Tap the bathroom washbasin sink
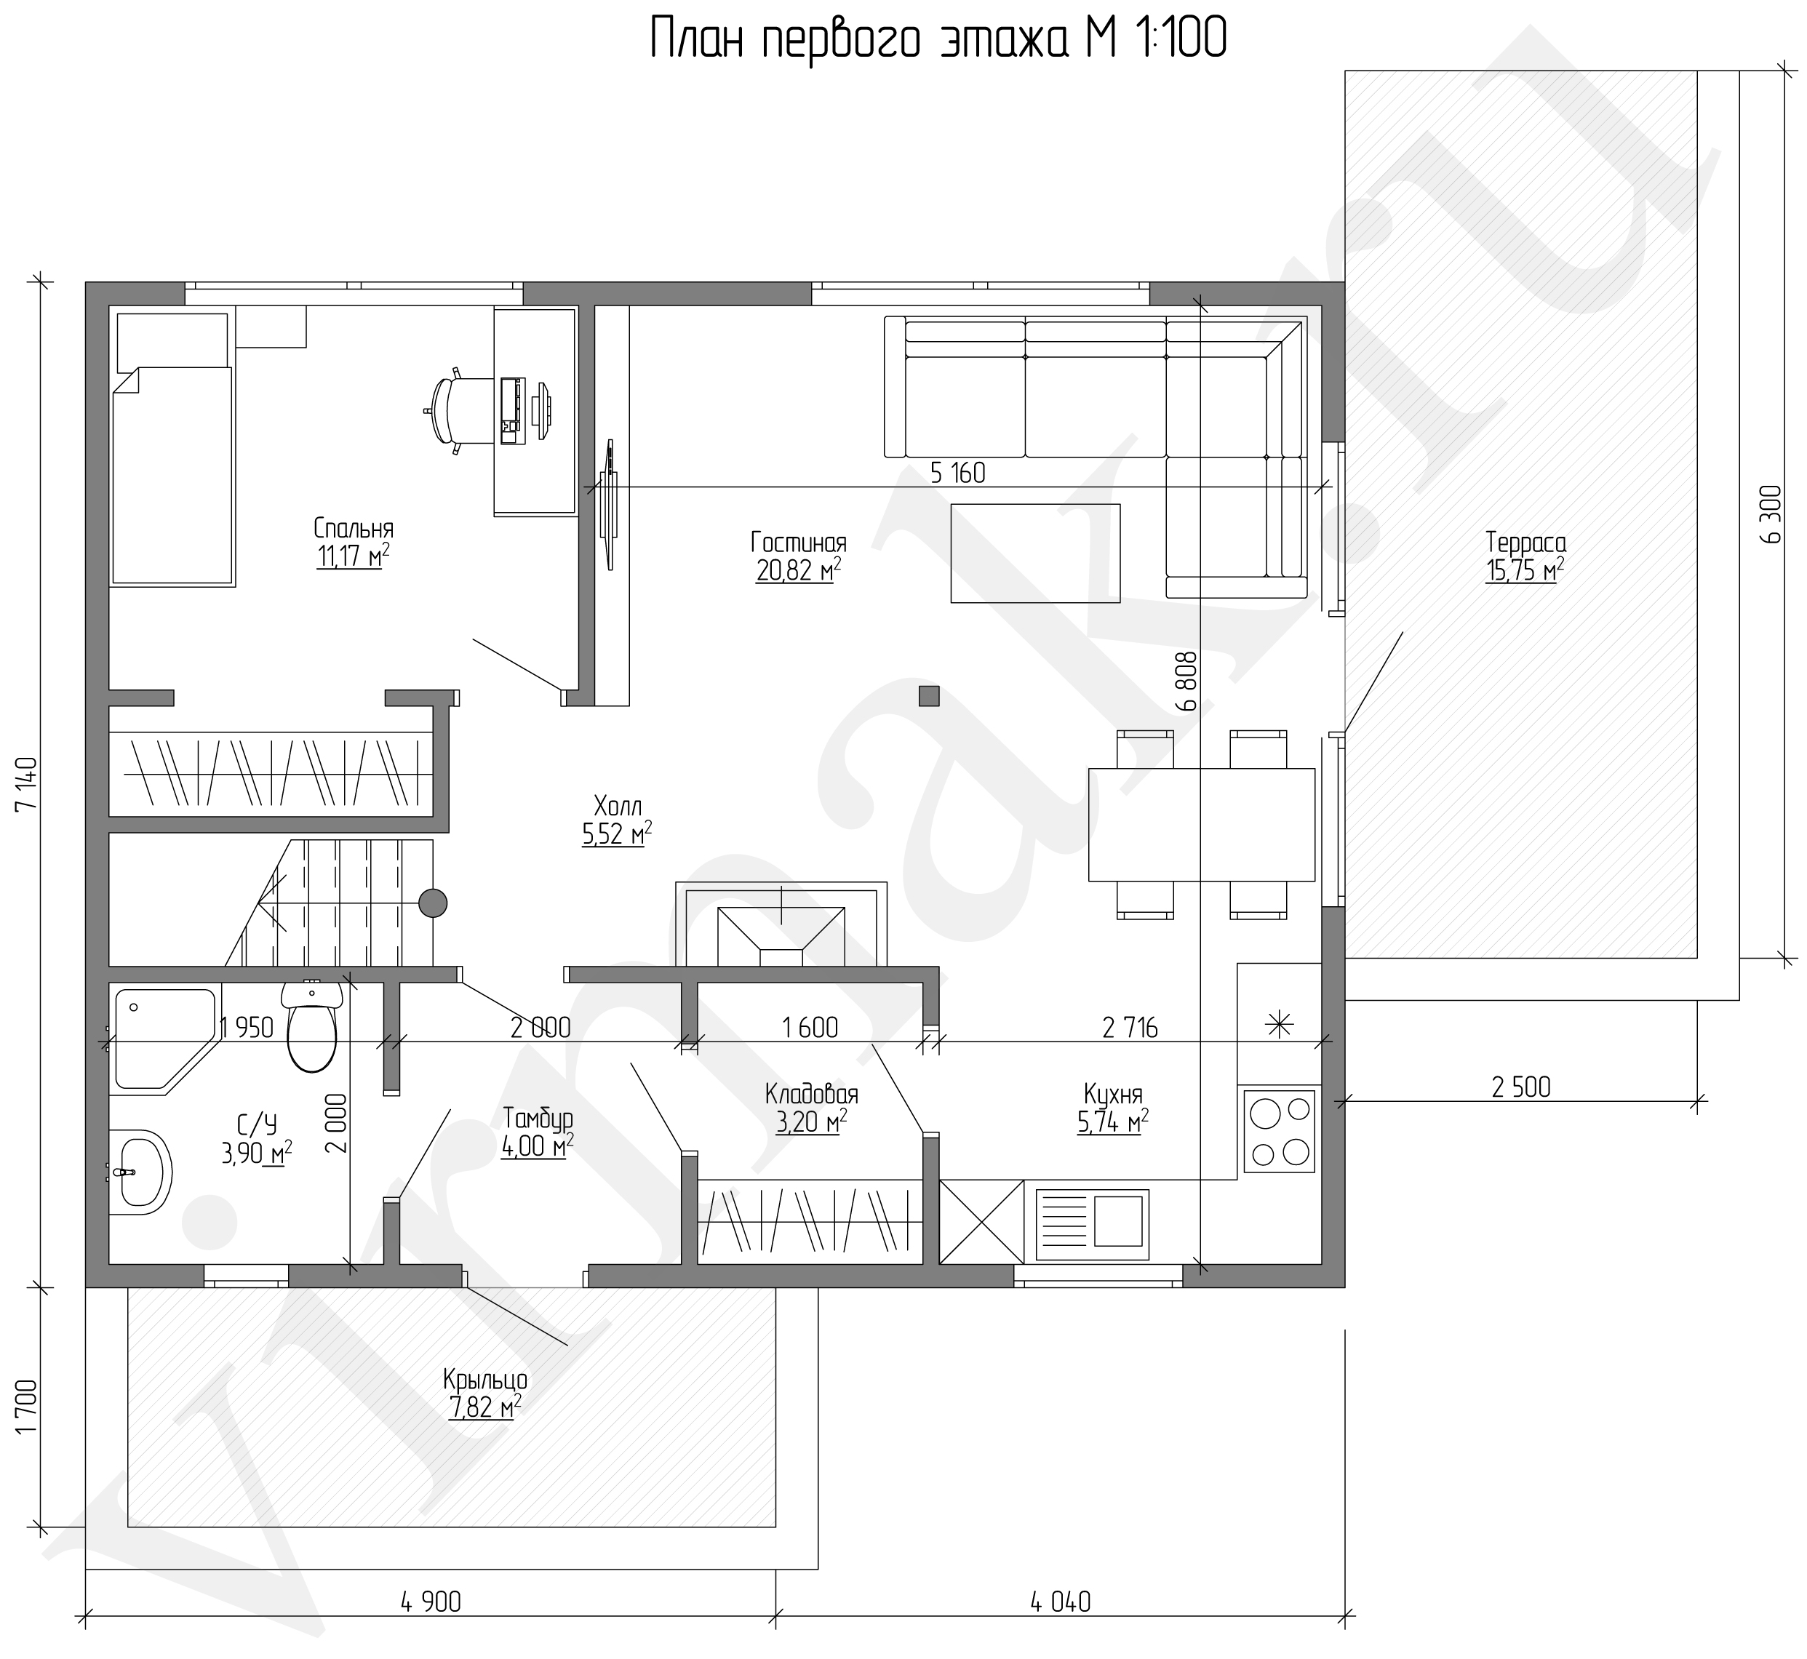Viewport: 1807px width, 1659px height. (140, 1172)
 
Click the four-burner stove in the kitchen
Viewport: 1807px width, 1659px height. (1279, 1130)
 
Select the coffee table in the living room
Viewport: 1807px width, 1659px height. (1035, 552)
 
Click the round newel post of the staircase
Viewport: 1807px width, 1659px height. (434, 902)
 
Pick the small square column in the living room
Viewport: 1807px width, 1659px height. (928, 696)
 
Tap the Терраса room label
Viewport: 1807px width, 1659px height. (1525, 543)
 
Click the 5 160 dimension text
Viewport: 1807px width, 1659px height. (958, 472)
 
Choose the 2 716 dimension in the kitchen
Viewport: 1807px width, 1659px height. (1130, 1027)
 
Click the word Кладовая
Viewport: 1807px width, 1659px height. (812, 1093)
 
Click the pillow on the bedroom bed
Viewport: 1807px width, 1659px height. (172, 341)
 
